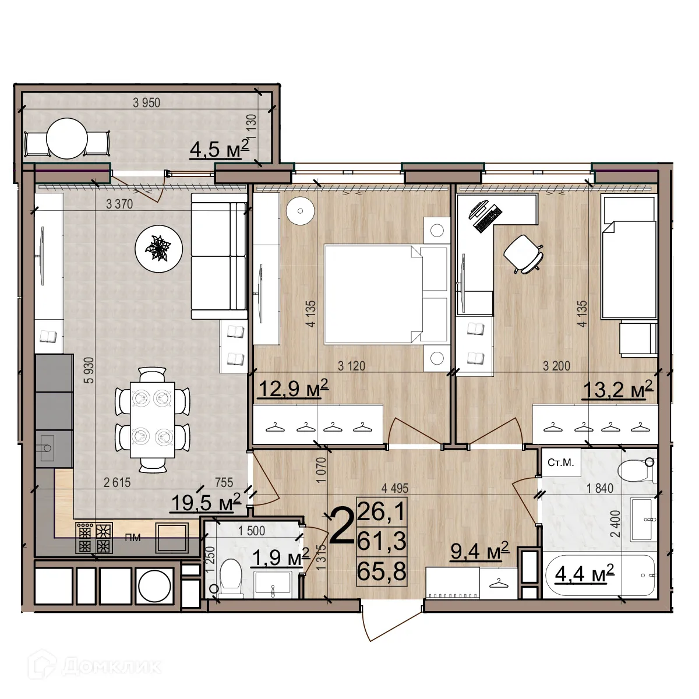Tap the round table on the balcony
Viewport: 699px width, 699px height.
pyautogui.click(x=67, y=139)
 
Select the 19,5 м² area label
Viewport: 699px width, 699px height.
pyautogui.click(x=205, y=502)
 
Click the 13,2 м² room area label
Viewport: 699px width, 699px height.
pyautogui.click(x=617, y=389)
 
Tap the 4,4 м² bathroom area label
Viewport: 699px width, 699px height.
pyautogui.click(x=584, y=574)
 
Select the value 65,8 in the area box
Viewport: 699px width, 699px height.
pyautogui.click(x=382, y=571)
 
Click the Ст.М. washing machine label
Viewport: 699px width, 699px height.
pyautogui.click(x=561, y=463)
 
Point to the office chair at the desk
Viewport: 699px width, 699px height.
pyautogui.click(x=523, y=253)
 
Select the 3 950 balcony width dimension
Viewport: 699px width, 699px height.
pyautogui.click(x=146, y=103)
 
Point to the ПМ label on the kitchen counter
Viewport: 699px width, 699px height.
pyautogui.click(x=133, y=537)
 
